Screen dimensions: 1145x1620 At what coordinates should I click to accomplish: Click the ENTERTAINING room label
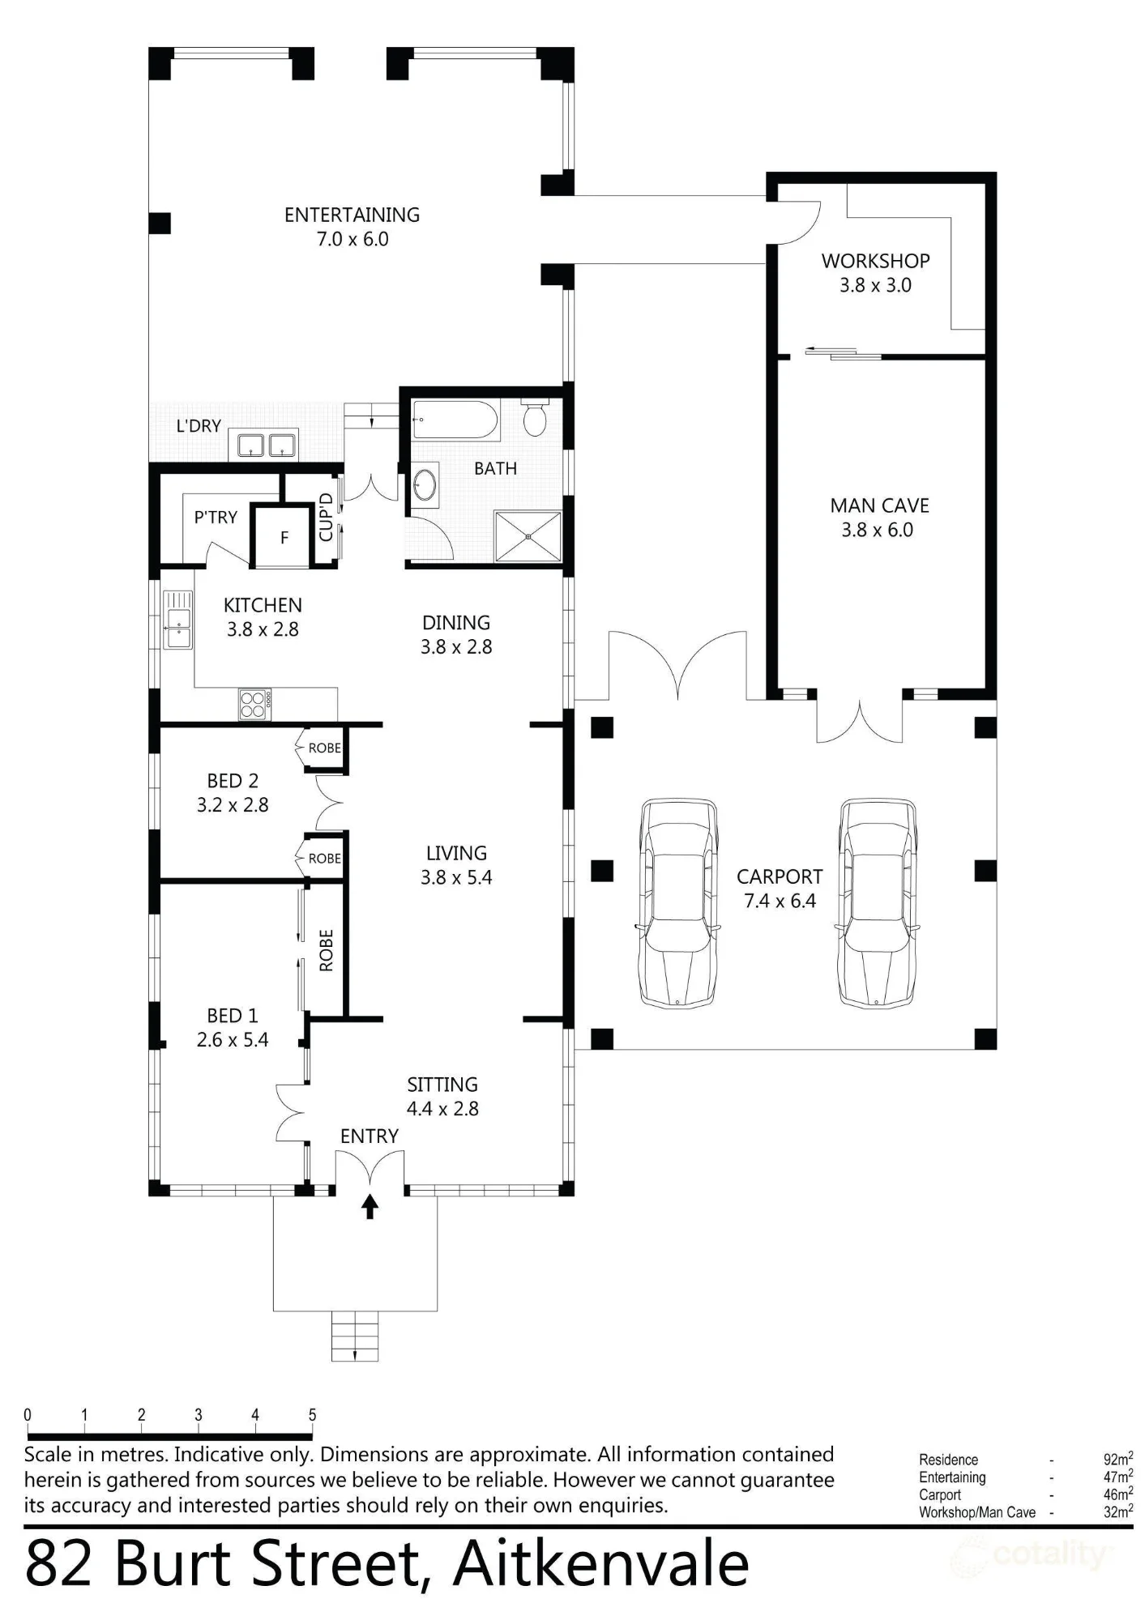coord(352,215)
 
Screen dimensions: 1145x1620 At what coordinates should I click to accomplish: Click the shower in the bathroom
coord(528,535)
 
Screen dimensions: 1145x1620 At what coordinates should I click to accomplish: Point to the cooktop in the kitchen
coord(255,704)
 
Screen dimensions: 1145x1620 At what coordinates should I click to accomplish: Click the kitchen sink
coord(178,620)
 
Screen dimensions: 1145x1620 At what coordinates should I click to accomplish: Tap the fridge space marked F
coord(284,537)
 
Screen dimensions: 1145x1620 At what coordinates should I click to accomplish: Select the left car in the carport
coord(678,903)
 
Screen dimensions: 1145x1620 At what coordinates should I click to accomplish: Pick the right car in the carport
coord(878,903)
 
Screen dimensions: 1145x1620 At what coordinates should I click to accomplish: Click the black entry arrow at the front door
coord(370,1206)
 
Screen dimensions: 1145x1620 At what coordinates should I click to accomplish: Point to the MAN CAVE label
coord(879,506)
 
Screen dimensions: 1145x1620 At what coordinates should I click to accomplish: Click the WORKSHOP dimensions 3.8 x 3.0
coord(875,285)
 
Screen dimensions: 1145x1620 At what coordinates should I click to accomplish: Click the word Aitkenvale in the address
coord(600,1564)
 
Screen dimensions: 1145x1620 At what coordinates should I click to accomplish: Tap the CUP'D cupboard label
coord(327,517)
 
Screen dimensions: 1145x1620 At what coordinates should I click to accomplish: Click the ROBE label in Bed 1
coord(327,950)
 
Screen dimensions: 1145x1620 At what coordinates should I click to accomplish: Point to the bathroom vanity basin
coord(425,485)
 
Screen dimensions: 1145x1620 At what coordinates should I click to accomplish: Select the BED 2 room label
coord(233,781)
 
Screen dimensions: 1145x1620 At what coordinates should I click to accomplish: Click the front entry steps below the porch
coord(355,1336)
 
